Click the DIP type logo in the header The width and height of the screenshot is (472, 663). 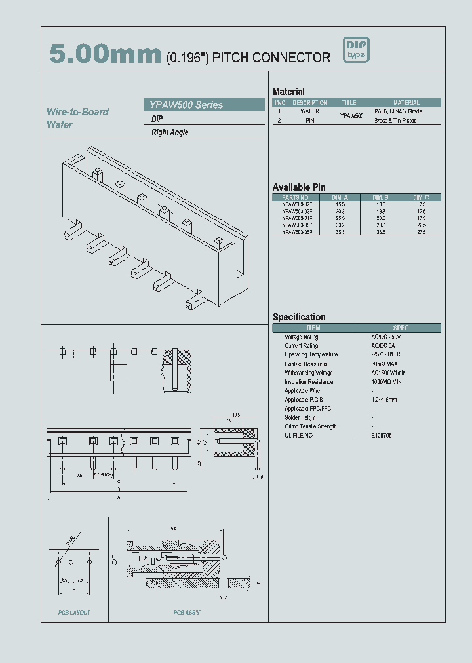[357, 50]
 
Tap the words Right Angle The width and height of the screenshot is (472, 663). [170, 132]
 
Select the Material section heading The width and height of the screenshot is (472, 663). [288, 92]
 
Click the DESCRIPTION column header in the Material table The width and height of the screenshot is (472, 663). [309, 103]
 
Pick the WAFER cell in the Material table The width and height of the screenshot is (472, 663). [309, 112]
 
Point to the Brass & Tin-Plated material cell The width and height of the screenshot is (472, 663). [395, 121]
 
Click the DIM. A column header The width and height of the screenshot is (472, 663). [340, 197]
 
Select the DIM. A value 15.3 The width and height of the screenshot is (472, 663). [340, 204]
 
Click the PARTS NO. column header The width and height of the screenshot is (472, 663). [296, 197]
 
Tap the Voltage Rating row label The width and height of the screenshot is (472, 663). [302, 337]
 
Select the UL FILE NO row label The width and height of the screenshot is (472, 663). [299, 436]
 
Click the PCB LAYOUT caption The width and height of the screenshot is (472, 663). [74, 613]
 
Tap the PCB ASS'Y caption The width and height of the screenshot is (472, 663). [187, 613]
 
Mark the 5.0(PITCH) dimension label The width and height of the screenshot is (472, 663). [101, 474]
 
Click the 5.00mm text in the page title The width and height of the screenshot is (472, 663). [105, 55]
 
